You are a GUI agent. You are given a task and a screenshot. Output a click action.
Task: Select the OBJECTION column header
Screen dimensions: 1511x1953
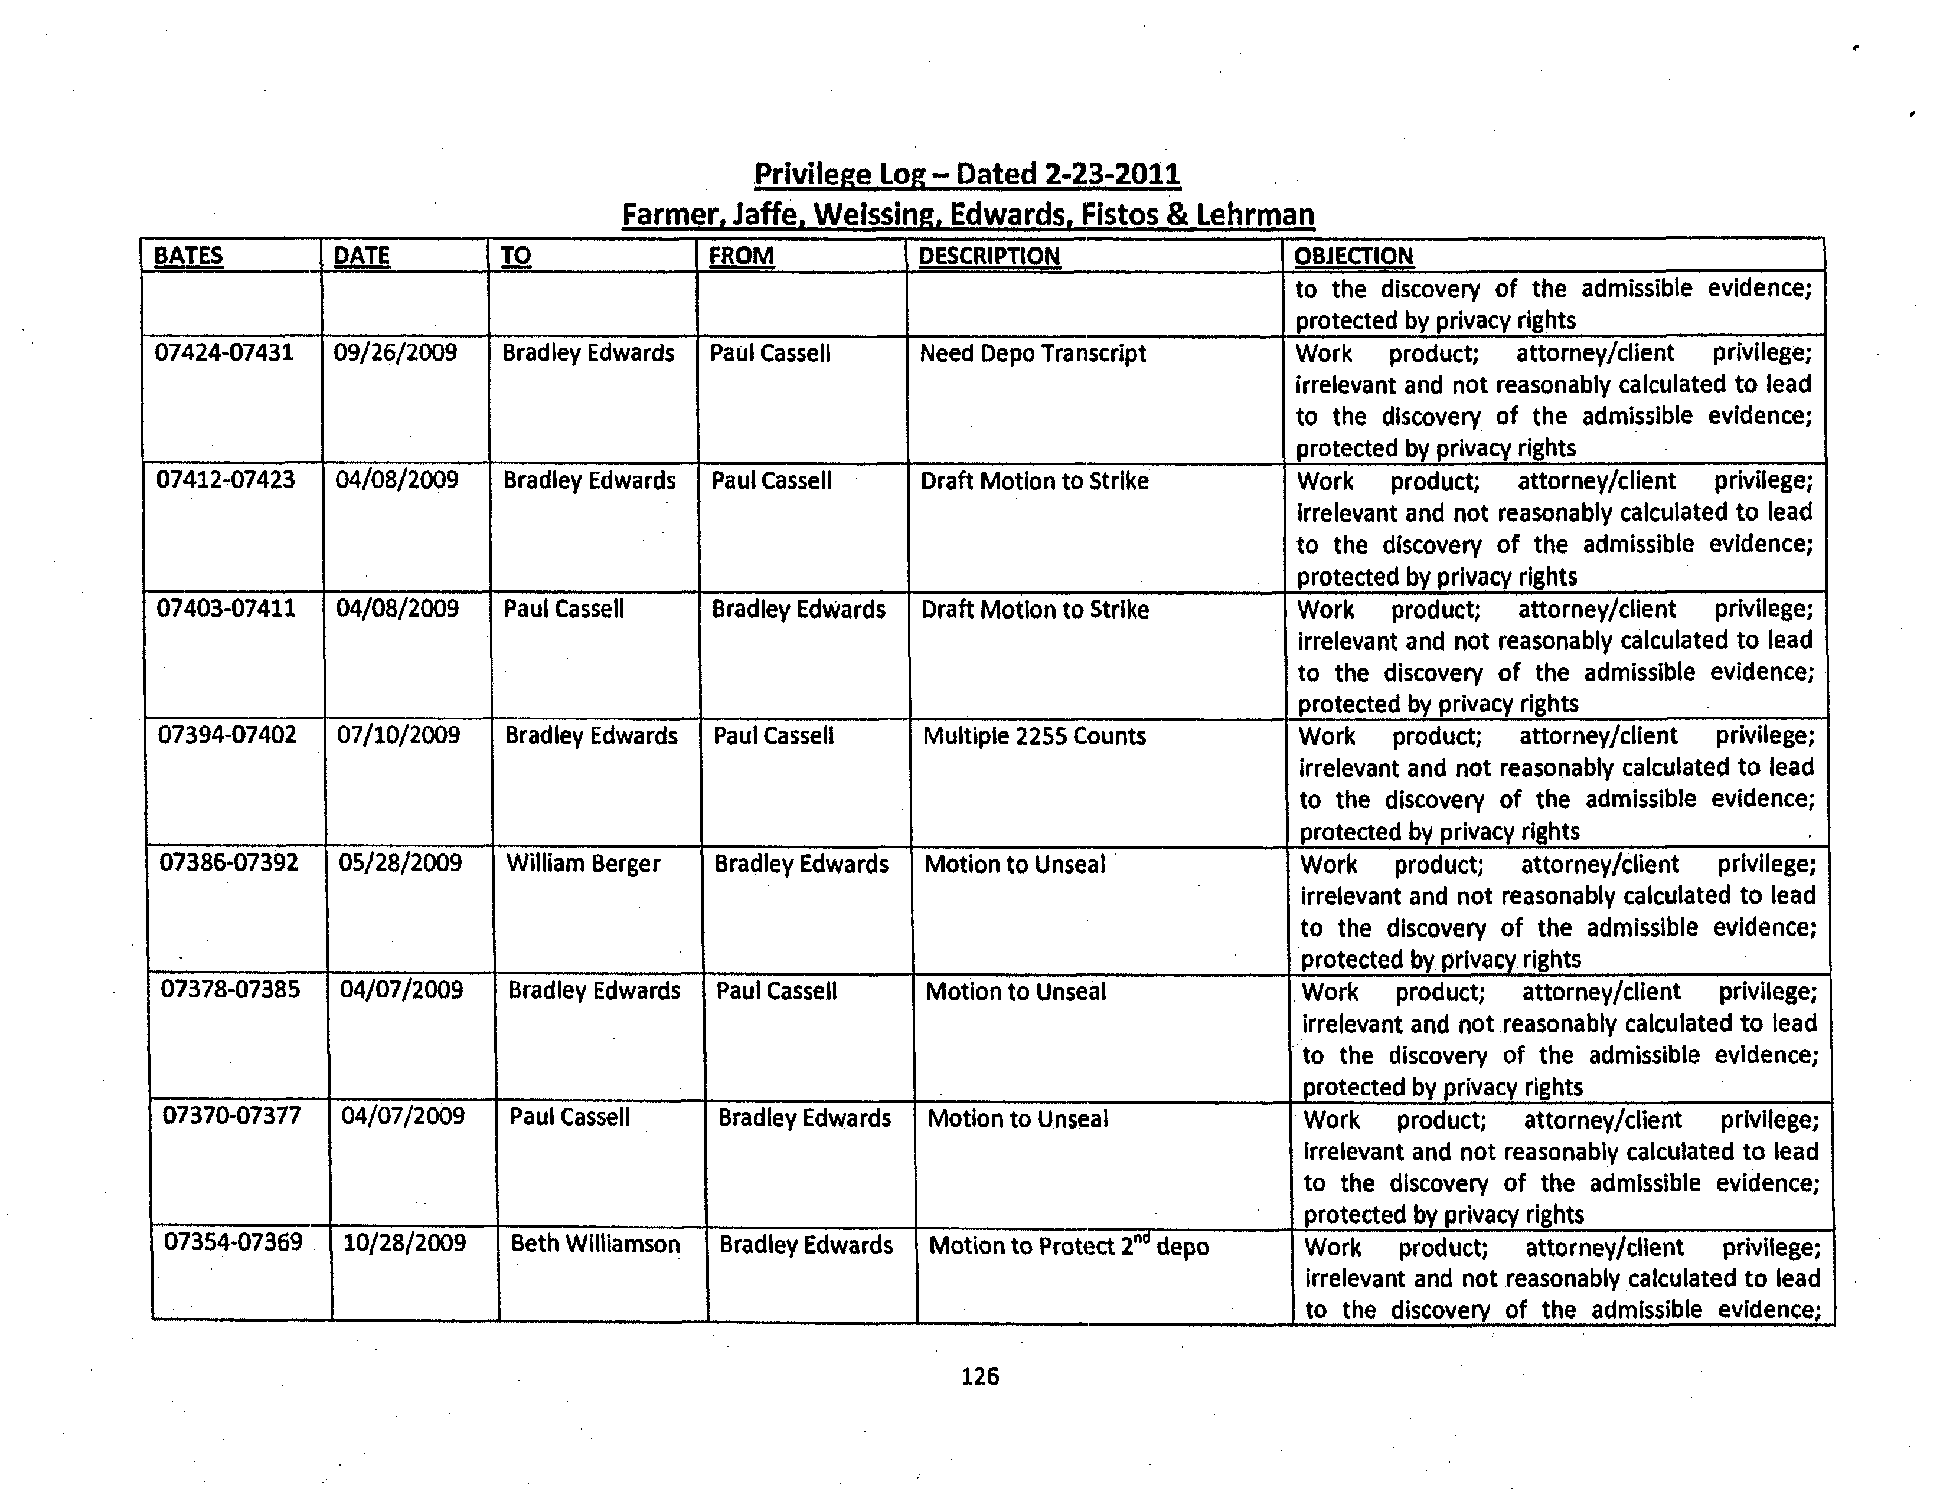(x=1353, y=257)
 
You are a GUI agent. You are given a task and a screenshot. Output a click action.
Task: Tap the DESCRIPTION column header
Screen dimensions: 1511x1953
(x=988, y=257)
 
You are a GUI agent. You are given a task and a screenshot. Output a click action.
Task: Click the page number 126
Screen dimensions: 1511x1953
(x=979, y=1376)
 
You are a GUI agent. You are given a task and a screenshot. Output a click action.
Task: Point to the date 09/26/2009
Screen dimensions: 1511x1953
(x=395, y=352)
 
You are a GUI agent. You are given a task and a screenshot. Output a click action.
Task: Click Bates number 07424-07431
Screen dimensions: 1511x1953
(x=224, y=352)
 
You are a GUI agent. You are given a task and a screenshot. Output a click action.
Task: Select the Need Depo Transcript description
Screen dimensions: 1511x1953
(x=1032, y=354)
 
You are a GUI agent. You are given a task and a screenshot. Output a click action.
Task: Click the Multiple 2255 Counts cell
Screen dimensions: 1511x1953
(x=1034, y=737)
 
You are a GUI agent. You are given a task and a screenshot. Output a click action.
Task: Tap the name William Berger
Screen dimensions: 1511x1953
(x=583, y=864)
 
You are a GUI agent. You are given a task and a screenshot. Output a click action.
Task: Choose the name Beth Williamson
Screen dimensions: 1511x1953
(x=595, y=1245)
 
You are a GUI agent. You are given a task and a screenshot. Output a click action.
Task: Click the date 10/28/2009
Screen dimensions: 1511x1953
(x=404, y=1244)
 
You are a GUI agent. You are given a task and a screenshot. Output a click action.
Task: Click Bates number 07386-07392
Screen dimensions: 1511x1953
(x=229, y=863)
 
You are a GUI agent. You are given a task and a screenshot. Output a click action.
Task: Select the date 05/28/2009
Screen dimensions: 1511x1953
(x=401, y=863)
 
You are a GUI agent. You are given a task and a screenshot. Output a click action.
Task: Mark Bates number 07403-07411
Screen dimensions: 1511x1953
(x=226, y=609)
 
